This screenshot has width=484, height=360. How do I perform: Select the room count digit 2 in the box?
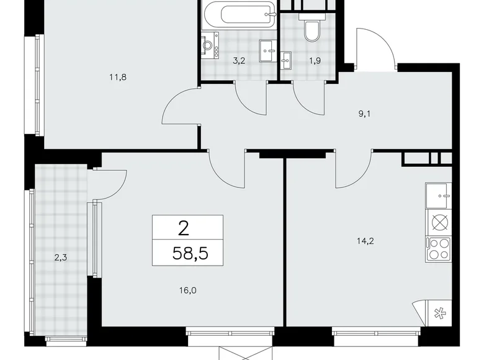(184, 228)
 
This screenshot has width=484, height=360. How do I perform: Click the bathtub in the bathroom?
(238, 16)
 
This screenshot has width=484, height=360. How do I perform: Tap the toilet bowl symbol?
(310, 29)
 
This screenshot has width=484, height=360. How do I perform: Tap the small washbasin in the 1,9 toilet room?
(286, 60)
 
